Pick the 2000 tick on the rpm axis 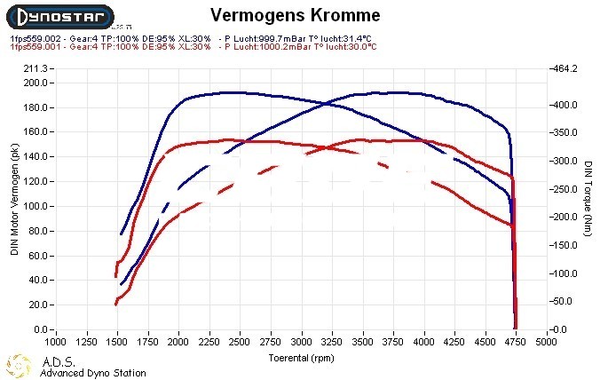pos(179,341)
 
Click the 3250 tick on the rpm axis pos(333,341)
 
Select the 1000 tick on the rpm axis pos(56,341)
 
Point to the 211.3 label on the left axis pos(34,68)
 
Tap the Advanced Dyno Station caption pos(92,373)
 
